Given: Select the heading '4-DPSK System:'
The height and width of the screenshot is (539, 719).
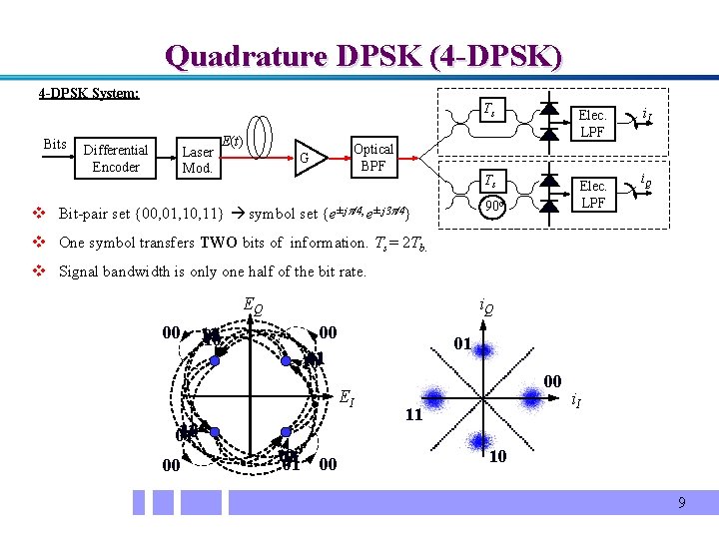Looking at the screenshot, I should point(89,94).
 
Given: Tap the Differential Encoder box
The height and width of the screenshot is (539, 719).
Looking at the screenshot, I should point(116,158).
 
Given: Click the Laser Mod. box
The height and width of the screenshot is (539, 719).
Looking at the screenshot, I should point(197,160).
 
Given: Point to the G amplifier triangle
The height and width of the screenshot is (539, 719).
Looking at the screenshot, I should point(310,158).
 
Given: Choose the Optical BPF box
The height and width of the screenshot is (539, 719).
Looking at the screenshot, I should point(372,157).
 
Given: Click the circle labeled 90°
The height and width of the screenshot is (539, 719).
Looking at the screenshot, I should point(491,207).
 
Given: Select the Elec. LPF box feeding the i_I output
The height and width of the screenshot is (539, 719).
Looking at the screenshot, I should point(593,124).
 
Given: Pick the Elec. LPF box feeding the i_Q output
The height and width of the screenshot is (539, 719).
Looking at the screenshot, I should point(593,195).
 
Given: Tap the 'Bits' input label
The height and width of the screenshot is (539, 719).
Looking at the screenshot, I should point(55,145).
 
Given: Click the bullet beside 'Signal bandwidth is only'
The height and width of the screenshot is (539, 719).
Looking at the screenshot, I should point(37,271).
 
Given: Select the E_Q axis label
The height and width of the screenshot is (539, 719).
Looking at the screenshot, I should point(254,307).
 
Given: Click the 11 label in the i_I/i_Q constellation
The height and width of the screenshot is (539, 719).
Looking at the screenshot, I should point(411,415).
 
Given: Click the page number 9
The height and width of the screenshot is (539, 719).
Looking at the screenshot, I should point(681,502).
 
